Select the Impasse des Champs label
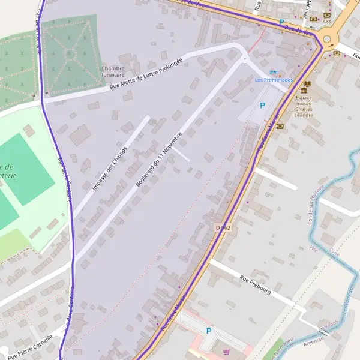point(110,169)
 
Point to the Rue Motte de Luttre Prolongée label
point(146,75)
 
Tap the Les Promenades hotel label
point(274,80)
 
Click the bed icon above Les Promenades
point(274,72)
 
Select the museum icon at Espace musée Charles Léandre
point(307,85)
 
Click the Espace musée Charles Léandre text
point(304,103)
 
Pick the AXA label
point(326,22)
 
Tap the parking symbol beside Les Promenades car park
point(262,106)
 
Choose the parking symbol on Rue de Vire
point(281,22)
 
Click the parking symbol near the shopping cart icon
point(209,331)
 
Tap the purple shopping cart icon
point(226,352)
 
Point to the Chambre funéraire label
point(113,72)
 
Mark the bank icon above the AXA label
point(326,14)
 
